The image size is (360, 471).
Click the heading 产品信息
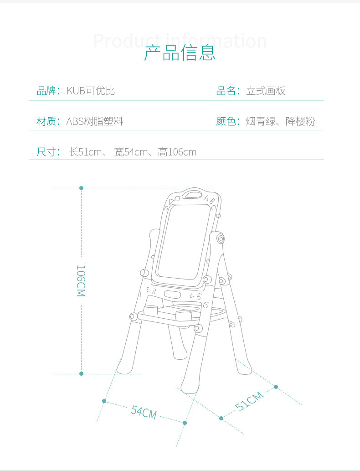(180, 53)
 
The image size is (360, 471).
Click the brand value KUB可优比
(91, 91)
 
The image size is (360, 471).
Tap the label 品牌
(46, 91)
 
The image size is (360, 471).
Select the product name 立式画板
(266, 91)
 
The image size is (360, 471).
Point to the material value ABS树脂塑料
(95, 121)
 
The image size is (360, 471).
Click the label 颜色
(226, 121)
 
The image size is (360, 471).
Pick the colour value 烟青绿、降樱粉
(280, 121)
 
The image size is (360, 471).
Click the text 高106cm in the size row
(177, 152)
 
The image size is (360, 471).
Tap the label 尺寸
(46, 152)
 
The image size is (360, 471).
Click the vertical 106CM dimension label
(81, 281)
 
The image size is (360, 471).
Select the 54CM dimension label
(144, 412)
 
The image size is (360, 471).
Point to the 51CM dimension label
(249, 401)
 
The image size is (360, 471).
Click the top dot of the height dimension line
(82, 188)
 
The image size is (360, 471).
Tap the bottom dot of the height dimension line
(82, 373)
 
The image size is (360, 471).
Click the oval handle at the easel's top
(192, 195)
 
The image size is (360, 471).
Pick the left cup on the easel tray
(150, 311)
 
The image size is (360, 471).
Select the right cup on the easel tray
(184, 316)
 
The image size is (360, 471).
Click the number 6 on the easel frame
(206, 305)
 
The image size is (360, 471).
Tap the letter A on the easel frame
(206, 198)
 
